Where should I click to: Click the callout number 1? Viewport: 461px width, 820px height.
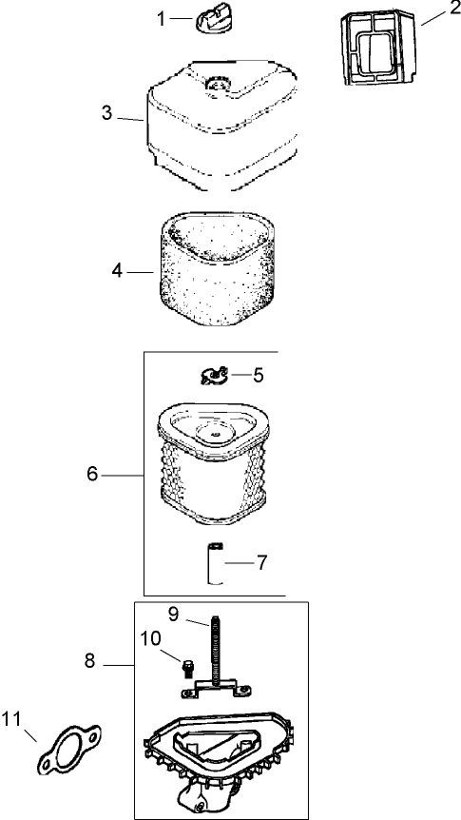[x=161, y=19]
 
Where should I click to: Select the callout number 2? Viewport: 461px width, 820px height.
[x=452, y=10]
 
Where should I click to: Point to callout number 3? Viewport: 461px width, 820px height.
[x=106, y=112]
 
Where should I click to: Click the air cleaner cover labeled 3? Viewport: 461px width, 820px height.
[x=222, y=126]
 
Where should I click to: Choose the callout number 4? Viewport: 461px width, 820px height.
[x=117, y=271]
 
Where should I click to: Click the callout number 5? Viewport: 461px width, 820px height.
[x=259, y=375]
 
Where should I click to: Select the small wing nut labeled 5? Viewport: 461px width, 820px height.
[x=214, y=375]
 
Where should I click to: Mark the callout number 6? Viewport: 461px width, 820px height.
[x=92, y=475]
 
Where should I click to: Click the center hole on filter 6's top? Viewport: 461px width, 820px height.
[x=214, y=434]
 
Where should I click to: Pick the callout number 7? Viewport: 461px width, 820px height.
[x=261, y=563]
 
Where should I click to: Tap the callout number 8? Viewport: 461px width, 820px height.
[x=90, y=661]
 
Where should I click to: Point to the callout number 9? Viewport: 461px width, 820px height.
[x=174, y=613]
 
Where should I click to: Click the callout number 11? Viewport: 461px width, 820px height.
[x=11, y=719]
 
